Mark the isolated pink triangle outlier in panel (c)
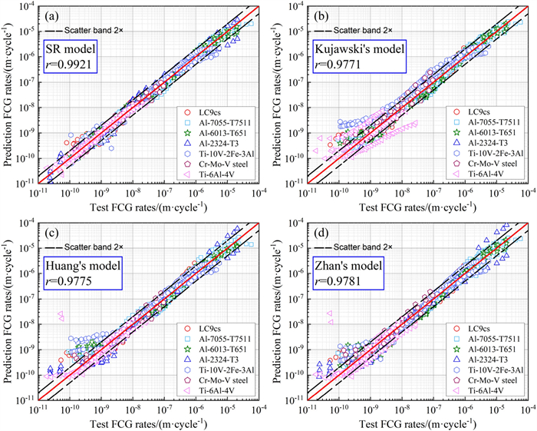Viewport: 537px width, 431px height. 60,314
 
